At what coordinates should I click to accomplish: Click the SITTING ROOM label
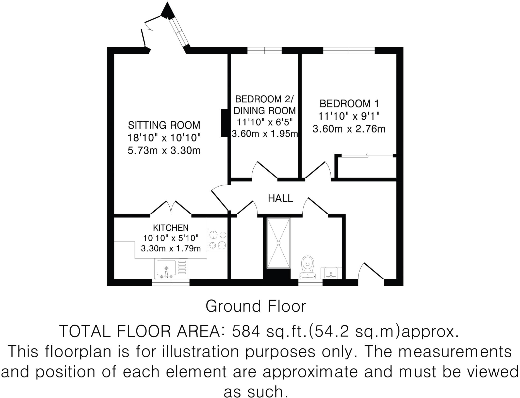(x=164, y=125)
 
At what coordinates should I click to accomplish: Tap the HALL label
(x=281, y=198)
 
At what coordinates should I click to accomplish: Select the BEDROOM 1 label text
(x=349, y=104)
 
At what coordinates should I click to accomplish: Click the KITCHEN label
(x=171, y=228)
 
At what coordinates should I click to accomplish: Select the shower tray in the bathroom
(x=278, y=243)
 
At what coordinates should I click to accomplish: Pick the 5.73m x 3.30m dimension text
(x=164, y=151)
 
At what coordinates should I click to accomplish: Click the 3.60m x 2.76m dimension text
(x=349, y=129)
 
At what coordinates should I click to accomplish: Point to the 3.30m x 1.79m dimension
(x=171, y=248)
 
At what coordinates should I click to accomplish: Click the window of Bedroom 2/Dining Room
(x=265, y=51)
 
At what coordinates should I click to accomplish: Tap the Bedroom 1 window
(x=349, y=51)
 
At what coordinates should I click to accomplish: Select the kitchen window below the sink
(x=171, y=282)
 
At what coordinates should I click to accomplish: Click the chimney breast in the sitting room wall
(x=224, y=123)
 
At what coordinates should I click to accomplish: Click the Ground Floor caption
(x=256, y=306)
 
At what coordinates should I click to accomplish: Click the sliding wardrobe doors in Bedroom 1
(x=367, y=155)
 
